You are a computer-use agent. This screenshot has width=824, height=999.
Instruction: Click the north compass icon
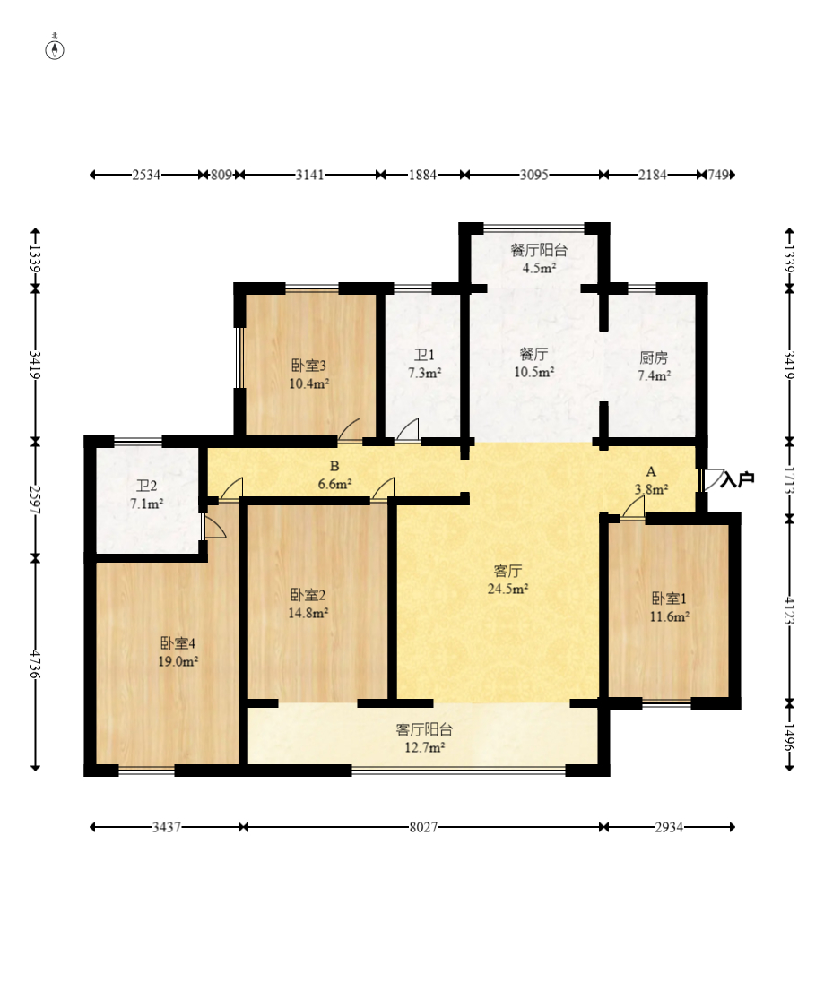tap(55, 49)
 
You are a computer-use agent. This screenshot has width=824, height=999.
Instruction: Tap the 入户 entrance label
tap(737, 479)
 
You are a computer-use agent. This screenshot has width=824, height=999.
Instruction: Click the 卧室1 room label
tap(668, 599)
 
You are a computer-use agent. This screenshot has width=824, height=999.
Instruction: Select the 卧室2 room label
tap(308, 595)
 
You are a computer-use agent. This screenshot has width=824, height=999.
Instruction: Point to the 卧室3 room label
tap(308, 366)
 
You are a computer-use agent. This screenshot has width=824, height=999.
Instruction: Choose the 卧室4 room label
tap(178, 643)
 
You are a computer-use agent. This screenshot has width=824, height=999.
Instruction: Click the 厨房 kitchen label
tap(654, 358)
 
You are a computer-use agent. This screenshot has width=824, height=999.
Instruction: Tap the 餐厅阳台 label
tap(539, 250)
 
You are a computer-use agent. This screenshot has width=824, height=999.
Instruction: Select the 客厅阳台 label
tap(424, 729)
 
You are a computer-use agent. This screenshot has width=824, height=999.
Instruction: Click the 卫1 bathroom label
tap(424, 355)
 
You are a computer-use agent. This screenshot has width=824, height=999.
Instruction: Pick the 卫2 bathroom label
tap(146, 487)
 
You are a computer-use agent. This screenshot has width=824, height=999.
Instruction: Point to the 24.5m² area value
tap(507, 590)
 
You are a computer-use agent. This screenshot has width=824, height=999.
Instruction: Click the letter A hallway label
tap(651, 471)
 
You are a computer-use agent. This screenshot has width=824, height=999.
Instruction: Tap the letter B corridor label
tap(334, 467)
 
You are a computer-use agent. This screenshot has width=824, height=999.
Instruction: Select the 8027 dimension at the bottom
tap(423, 827)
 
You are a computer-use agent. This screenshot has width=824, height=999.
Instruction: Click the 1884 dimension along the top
tap(422, 175)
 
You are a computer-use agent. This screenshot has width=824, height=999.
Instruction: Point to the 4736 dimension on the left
tap(36, 665)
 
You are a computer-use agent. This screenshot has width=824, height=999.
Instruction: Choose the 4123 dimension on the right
tap(790, 610)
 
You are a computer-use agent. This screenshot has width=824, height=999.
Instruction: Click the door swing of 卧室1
tap(633, 507)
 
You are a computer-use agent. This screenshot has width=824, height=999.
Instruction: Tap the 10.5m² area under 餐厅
tap(533, 372)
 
